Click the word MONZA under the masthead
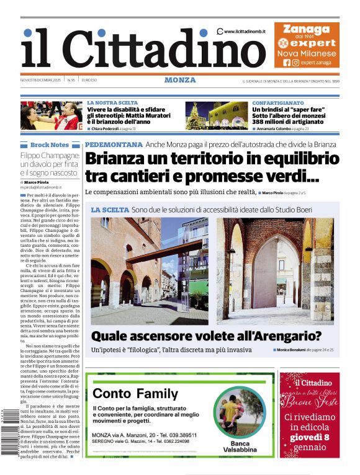(x=180, y=80)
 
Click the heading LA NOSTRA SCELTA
(x=112, y=103)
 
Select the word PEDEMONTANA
(x=114, y=144)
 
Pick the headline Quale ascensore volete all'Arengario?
(x=206, y=337)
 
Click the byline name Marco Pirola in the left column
(x=38, y=182)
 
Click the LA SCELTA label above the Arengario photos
(x=109, y=211)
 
